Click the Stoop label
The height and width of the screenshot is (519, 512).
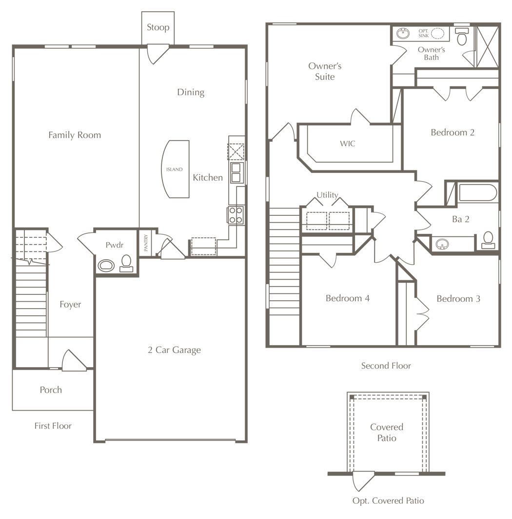coord(158,27)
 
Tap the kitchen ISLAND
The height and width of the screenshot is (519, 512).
coord(176,169)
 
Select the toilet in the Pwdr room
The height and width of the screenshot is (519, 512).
coord(126,264)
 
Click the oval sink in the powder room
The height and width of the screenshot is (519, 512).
coord(106,266)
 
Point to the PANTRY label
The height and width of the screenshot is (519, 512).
coord(146,243)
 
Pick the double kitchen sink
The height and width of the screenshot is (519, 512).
coord(236,173)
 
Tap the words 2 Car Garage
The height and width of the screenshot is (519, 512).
coord(174,350)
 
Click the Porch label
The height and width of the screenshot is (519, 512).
coord(51,390)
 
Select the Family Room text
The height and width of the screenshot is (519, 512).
coord(75,135)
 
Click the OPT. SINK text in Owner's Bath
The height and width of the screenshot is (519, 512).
coord(423,33)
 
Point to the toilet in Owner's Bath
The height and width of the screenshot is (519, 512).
coord(462,36)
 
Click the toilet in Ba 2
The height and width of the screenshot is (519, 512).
coord(488,240)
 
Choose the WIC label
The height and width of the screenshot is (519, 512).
coord(347,144)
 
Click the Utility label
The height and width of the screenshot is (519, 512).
coord(327,195)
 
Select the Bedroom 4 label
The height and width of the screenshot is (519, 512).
coord(348,298)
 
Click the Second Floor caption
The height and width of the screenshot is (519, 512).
coord(386,366)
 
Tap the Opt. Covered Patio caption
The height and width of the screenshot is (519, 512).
coord(388,501)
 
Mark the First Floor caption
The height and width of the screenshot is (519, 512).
coord(53,426)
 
